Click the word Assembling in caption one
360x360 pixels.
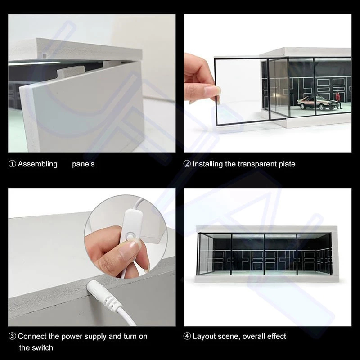point(38,164)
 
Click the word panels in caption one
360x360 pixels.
point(83,164)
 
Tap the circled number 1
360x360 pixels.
point(13,164)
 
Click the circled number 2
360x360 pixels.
point(187,164)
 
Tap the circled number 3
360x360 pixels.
point(13,336)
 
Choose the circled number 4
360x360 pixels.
point(187,336)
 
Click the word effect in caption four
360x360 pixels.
point(277,336)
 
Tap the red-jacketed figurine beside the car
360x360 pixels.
point(337,99)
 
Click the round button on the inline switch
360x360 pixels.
point(130,237)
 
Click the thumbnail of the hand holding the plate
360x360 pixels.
point(268,83)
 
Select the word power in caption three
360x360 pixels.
point(72,337)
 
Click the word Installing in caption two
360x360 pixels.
point(207,164)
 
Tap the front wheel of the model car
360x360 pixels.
point(303,106)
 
